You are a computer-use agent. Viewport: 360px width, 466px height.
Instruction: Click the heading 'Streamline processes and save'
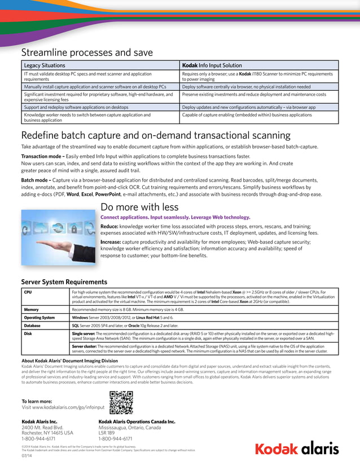pyautogui.click(x=87, y=52)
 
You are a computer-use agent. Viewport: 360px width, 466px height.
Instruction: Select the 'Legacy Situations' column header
pyautogui.click(x=44, y=65)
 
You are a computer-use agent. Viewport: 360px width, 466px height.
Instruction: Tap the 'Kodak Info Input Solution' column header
pyautogui.click(x=212, y=65)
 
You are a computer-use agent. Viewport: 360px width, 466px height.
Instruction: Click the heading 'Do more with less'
pyautogui.click(x=139, y=207)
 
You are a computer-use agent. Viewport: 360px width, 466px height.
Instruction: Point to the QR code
pyautogui.click(x=121, y=403)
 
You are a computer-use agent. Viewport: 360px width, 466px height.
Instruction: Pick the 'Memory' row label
pyautogui.click(x=31, y=310)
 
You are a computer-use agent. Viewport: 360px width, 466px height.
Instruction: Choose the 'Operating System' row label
pyautogui.click(x=39, y=318)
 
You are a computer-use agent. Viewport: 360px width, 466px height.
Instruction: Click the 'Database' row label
pyautogui.click(x=32, y=326)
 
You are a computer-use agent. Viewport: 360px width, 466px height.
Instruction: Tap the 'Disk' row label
pyautogui.click(x=28, y=333)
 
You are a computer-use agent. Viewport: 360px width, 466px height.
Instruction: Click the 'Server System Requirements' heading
pyautogui.click(x=64, y=282)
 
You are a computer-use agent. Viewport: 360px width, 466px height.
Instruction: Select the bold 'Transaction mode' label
pyautogui.click(x=43, y=156)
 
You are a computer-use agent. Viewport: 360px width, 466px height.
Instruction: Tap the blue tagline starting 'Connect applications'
pyautogui.click(x=175, y=217)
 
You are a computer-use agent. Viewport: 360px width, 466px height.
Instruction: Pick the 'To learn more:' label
pyautogui.click(x=39, y=401)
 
